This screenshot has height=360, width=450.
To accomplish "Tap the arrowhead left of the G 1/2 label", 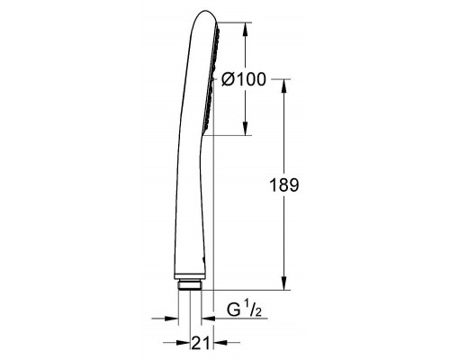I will (208, 318).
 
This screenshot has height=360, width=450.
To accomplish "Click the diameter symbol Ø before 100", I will (228, 79).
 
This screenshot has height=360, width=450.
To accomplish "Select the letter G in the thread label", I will (230, 310).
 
